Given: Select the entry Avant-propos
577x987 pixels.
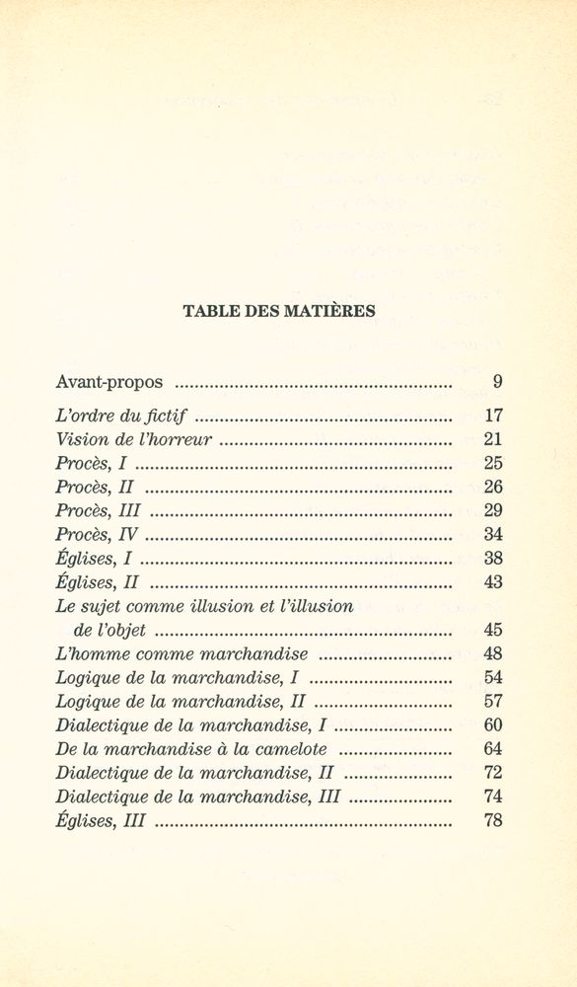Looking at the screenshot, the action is [x=110, y=380].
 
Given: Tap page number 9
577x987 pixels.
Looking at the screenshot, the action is [x=497, y=380].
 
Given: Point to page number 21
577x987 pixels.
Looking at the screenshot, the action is [x=495, y=438].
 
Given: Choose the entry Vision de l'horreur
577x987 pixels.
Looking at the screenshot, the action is [x=133, y=438].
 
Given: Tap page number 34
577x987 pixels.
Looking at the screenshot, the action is [x=495, y=534].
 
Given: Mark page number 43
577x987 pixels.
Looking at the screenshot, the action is [x=495, y=582].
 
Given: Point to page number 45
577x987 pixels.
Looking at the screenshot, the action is [x=495, y=630].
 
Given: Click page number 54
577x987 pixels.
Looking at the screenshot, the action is [x=495, y=677].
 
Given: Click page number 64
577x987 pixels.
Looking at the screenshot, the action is [x=495, y=748].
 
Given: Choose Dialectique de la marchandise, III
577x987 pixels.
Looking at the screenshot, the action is [x=197, y=796].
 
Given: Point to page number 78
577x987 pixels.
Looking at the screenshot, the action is [x=495, y=820].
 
